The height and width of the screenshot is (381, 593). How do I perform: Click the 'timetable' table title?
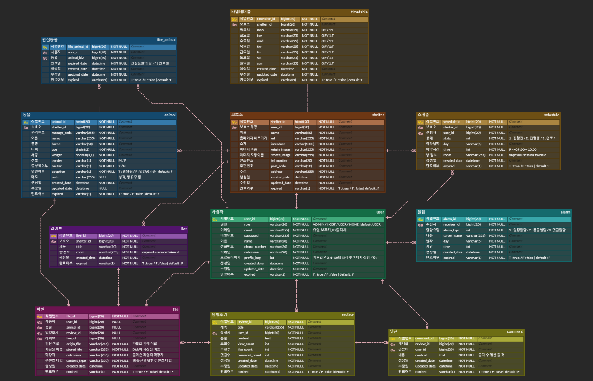pos(359,12)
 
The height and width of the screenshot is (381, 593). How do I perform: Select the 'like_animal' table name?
pos(166,40)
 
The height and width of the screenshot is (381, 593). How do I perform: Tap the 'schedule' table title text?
pos(551,115)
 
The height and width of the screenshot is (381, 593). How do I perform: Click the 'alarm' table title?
pos(565,212)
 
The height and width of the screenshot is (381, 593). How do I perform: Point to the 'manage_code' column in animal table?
pos(62,133)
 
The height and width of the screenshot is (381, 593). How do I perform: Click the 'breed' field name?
pos(56,144)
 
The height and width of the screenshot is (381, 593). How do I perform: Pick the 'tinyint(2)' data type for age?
pos(82,149)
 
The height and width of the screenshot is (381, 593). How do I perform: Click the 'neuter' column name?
pos(57,166)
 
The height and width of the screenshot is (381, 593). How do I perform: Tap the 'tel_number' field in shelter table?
pos(279,161)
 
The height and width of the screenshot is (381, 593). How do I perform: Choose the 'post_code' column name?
pos(278,166)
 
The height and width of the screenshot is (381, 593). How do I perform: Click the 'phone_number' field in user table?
pos(255,247)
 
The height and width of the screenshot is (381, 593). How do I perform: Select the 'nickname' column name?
pos(251,252)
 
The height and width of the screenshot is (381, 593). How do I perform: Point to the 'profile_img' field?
pos(252,258)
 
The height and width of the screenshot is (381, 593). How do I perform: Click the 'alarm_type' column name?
pos(451,230)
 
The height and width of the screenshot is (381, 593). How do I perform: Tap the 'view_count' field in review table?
pos(246,344)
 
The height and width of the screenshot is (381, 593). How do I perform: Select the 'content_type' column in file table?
pos(76,360)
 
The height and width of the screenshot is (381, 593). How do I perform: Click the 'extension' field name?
pos(73,355)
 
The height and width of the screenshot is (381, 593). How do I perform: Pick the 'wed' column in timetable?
pos(260,41)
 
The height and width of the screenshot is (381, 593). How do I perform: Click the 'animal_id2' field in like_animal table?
pos(76,58)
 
